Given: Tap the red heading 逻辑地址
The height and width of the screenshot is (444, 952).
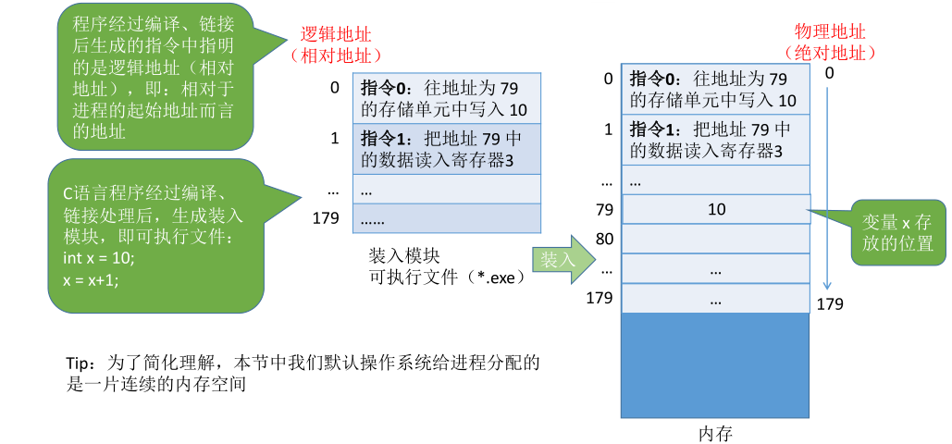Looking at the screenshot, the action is point(336,35).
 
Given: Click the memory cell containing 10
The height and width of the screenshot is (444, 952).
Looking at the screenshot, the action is point(716,209).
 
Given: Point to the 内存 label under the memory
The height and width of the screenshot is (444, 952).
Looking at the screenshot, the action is point(715,432).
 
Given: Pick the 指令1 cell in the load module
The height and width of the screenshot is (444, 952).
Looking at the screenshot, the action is point(446,150).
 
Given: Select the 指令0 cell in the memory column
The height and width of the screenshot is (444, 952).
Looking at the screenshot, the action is point(716,89).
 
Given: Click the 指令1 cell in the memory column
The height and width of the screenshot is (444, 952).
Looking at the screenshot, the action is point(716,140).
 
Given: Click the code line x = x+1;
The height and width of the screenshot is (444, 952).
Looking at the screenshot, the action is point(92,278).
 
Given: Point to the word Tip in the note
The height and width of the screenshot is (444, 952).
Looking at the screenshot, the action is point(80,362).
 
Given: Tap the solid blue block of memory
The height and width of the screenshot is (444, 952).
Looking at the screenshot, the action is point(715,365).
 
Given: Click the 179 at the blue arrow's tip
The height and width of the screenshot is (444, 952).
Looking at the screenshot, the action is point(831,302).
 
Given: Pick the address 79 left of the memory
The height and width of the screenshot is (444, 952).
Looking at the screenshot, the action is point(605,210).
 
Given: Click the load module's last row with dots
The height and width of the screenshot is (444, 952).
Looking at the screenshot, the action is point(446,219).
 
